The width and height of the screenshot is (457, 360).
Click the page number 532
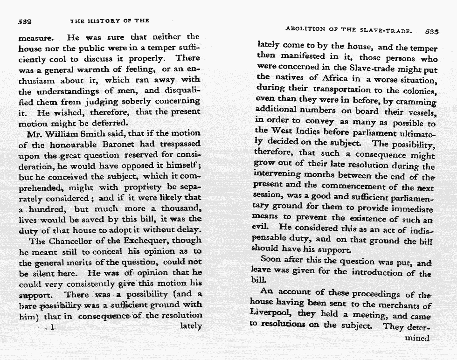[24, 21]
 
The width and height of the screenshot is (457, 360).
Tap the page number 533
[432, 32]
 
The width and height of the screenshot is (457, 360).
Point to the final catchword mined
[417, 338]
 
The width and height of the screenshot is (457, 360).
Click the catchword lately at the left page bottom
[190, 326]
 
